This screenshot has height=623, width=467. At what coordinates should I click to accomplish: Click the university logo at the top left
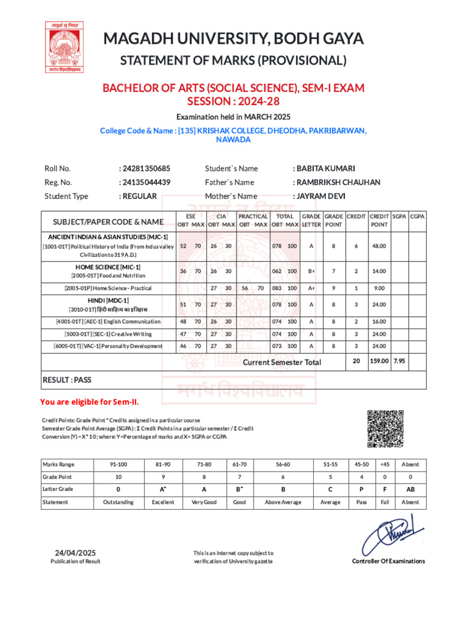click(x=64, y=47)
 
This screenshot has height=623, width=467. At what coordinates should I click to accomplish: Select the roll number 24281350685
click(x=147, y=169)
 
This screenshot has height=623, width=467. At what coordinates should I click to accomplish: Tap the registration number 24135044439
click(x=147, y=182)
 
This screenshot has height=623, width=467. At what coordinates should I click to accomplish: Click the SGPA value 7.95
click(x=400, y=361)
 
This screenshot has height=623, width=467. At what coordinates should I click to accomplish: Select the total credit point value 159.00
click(x=379, y=361)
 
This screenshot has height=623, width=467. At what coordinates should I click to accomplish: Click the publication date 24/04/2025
click(x=75, y=552)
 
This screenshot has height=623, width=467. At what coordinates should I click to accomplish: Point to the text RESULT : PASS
click(x=67, y=380)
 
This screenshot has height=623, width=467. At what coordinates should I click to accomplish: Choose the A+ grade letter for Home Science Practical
click(x=311, y=288)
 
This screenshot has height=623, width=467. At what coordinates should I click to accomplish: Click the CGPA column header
click(x=417, y=217)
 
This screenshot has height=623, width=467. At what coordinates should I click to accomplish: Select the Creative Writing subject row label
click(x=108, y=334)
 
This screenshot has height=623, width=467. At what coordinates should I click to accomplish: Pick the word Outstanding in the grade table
click(x=118, y=502)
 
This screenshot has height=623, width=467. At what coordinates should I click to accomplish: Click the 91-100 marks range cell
click(x=118, y=464)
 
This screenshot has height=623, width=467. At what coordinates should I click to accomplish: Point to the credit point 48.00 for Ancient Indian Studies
click(x=379, y=246)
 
